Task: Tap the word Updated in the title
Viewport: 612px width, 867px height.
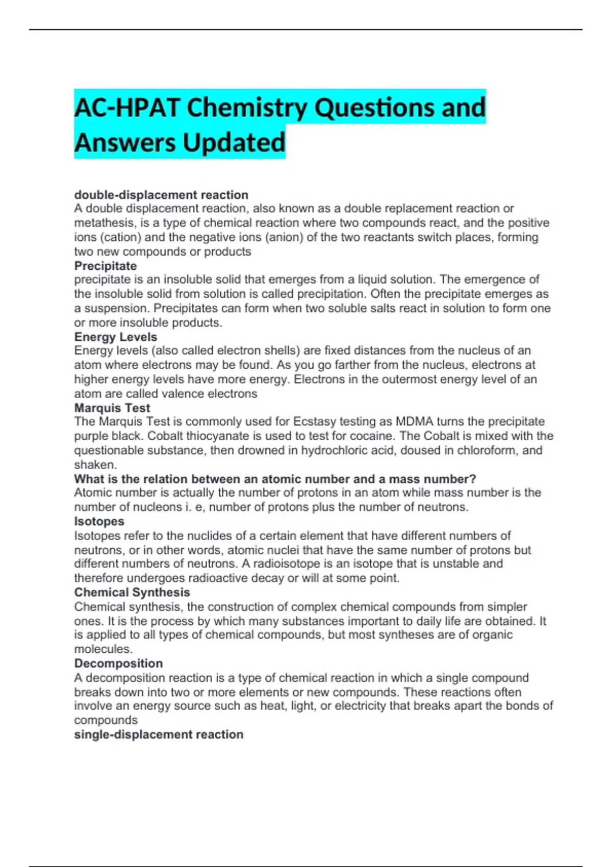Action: tap(234, 143)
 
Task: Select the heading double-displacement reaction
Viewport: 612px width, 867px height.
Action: tap(161, 195)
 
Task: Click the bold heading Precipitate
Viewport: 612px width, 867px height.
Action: tap(106, 266)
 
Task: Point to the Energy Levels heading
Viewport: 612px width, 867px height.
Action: tap(116, 337)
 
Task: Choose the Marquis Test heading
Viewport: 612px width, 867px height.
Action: tap(112, 408)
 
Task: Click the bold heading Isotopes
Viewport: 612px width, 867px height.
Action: tap(99, 521)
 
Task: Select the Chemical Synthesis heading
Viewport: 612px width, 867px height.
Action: tap(132, 592)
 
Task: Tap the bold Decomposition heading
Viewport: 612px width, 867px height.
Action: tap(119, 663)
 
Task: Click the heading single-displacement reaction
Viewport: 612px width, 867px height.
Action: tap(159, 734)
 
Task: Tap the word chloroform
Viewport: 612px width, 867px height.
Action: tap(487, 450)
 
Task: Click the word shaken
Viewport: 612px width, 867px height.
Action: tap(94, 465)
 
